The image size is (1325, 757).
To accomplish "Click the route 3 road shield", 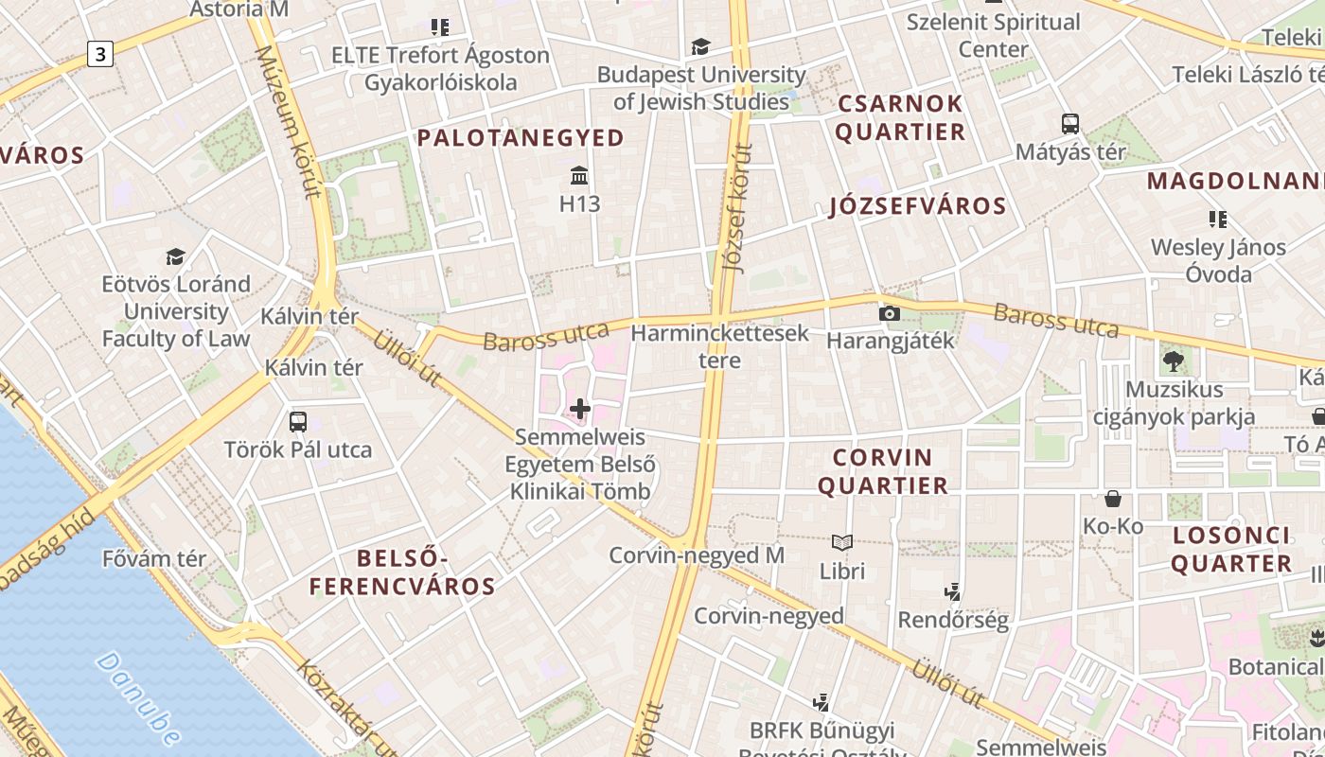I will coord(99,54).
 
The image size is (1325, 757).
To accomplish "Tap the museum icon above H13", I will coord(579,176).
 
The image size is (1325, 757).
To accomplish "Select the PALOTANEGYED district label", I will coord(521,138).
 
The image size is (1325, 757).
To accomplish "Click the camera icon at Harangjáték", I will coord(889,313).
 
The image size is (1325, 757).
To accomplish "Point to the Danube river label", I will coord(138,697).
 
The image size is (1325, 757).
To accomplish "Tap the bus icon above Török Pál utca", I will coord(298,421).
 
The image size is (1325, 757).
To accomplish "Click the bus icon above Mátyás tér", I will coord(1070,124).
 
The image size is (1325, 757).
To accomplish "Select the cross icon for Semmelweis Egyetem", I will coord(580,409).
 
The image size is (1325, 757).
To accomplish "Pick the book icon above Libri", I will coord(841,542).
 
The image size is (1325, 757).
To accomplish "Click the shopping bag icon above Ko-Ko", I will coord(1113,498).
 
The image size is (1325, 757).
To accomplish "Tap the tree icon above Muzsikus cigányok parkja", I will coord(1173,361).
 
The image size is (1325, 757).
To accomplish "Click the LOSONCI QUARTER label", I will coord(1231,550).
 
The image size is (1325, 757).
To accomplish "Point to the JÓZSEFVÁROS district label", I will coord(917,206).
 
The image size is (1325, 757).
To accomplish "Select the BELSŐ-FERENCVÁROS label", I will coord(402,572).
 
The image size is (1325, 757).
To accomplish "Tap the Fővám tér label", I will coord(153,558).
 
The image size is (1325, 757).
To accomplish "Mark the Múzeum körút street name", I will coord(302,123).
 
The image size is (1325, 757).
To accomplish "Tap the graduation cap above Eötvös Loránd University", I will coord(175,256).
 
